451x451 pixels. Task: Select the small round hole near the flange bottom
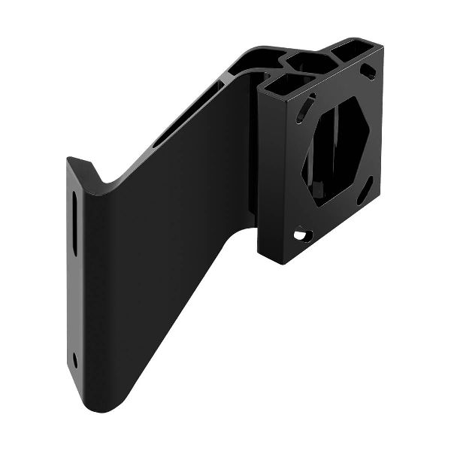click(75, 359)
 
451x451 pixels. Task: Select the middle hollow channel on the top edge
click(307, 59)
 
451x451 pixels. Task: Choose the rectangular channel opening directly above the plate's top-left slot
click(284, 83)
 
